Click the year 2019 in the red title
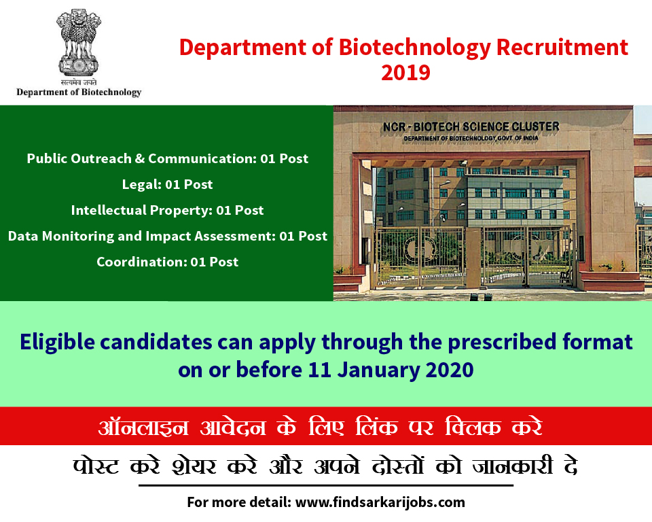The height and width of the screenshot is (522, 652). [x=405, y=73]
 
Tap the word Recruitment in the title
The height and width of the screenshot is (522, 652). [x=562, y=47]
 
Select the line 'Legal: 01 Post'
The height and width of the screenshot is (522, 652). [x=167, y=184]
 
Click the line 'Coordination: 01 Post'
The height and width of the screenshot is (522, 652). [x=168, y=262]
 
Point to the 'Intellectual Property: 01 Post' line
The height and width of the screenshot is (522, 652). [x=167, y=210]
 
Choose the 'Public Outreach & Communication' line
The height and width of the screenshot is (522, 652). [x=168, y=158]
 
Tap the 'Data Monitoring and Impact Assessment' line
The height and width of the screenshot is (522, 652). [x=168, y=236]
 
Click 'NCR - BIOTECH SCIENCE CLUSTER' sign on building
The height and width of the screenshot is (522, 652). [x=471, y=126]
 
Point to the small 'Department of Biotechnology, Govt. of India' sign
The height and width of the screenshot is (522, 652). [x=471, y=138]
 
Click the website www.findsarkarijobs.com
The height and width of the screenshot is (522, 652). [x=380, y=502]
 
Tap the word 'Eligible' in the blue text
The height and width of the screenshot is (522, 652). [x=57, y=343]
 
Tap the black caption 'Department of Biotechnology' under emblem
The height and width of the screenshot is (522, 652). [x=79, y=92]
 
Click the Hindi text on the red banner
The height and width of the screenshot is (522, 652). [x=320, y=427]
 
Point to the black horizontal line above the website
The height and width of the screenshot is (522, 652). [x=326, y=485]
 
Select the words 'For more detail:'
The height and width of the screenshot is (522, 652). [x=239, y=502]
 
